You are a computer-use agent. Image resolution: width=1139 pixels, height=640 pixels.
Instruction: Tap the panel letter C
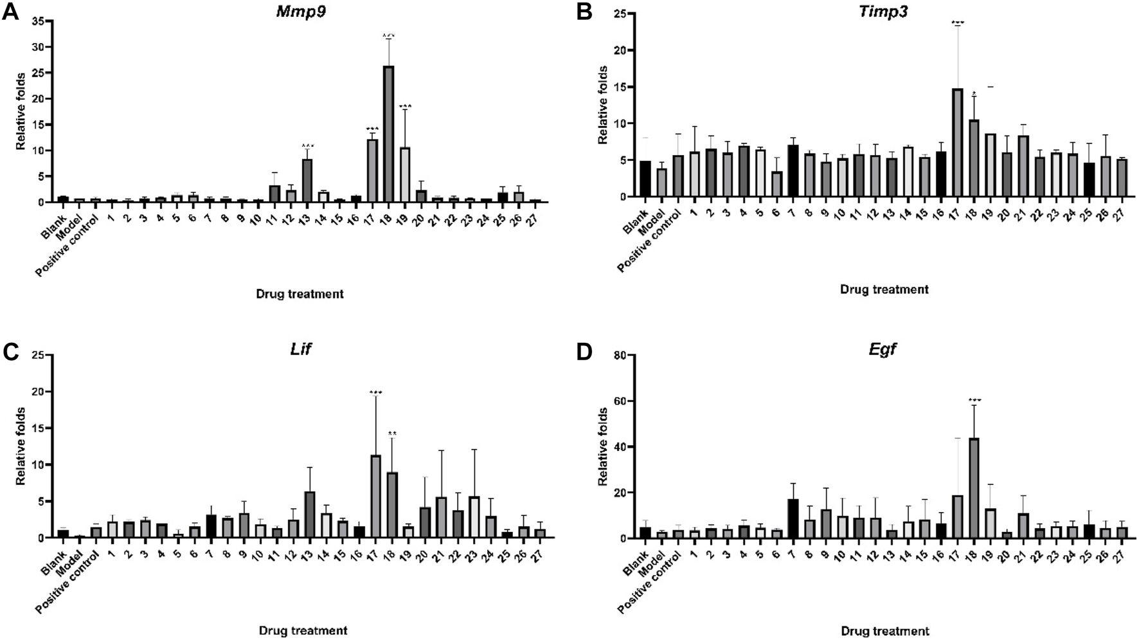pos(10,352)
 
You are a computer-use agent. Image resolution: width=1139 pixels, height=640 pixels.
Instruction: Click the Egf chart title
pos(883,350)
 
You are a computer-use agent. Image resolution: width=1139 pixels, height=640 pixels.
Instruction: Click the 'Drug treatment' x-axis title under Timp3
pos(884,289)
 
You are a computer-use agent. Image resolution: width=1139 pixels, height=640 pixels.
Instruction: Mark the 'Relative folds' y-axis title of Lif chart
pos(21,446)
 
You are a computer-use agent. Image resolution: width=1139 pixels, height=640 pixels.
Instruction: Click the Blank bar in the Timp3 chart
pos(645,179)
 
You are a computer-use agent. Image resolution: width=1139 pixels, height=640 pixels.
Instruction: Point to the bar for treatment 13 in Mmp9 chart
pos(307,181)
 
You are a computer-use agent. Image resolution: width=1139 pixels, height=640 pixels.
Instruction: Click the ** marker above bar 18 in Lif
pos(392,434)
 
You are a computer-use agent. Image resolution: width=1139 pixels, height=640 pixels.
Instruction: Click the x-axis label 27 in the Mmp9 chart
pos(535,218)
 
